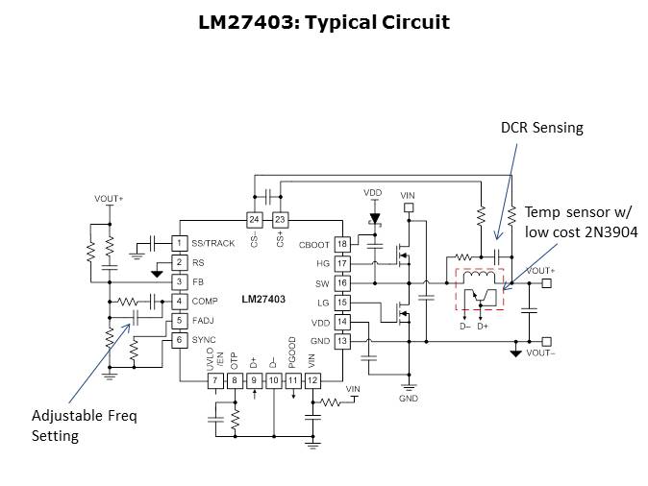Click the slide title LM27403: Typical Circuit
324,22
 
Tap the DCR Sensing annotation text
541,128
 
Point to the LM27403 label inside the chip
262,300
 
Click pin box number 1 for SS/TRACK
179,243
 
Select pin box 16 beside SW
341,283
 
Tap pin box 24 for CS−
254,219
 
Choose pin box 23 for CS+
280,219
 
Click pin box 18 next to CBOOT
341,244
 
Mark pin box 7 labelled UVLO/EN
215,381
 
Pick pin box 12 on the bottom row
312,381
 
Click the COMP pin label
204,301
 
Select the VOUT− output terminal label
542,353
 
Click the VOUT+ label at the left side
109,198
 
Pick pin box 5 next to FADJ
179,320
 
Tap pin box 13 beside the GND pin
341,341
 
